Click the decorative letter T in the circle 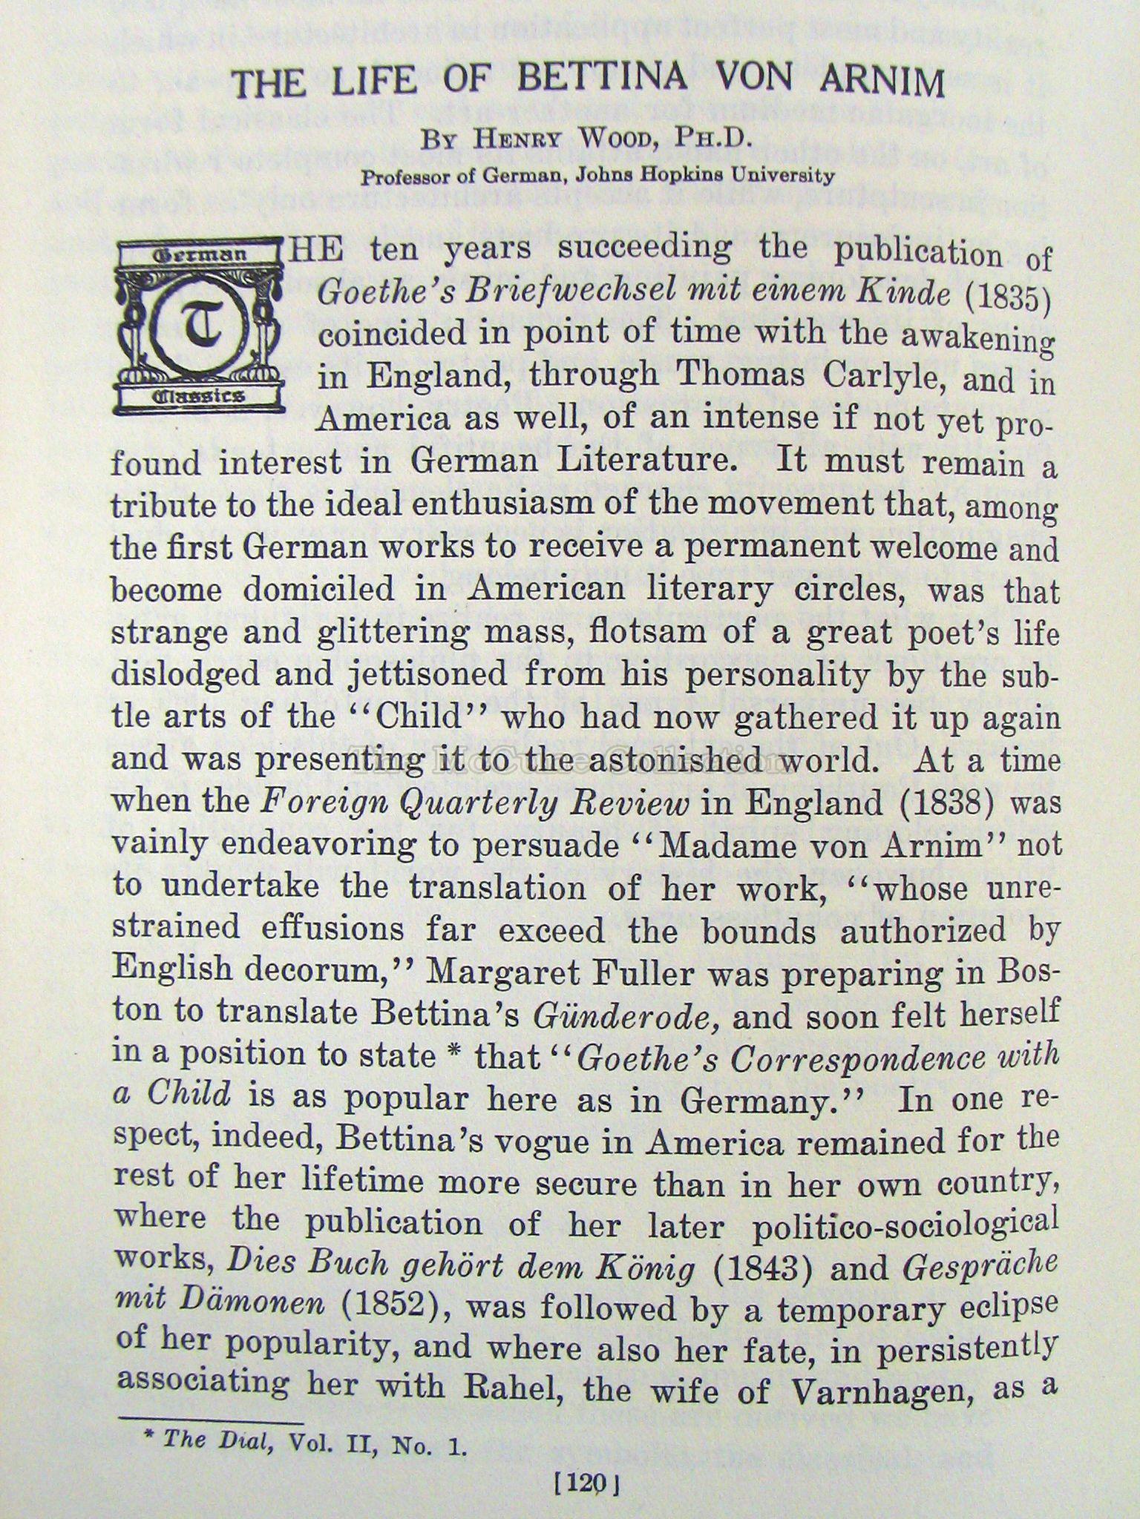pos(199,326)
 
